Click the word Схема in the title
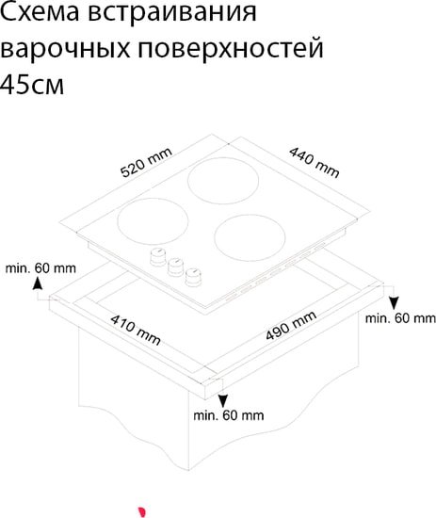tap(40, 12)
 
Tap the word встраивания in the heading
tap(172, 13)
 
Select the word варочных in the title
tap(65, 49)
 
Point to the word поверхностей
tap(230, 49)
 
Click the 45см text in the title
tap(32, 85)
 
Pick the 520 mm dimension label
tap(146, 163)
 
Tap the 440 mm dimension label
tap(315, 162)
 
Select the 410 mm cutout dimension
tap(136, 330)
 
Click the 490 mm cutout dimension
tap(291, 326)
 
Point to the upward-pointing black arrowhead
tap(38, 283)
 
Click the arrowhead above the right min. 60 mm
tap(394, 303)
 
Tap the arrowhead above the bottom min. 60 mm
tap(223, 400)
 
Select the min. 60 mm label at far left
tap(40, 268)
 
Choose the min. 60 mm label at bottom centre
tap(229, 415)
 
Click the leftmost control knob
tap(157, 257)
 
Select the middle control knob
tap(175, 267)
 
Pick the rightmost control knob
tap(193, 277)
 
